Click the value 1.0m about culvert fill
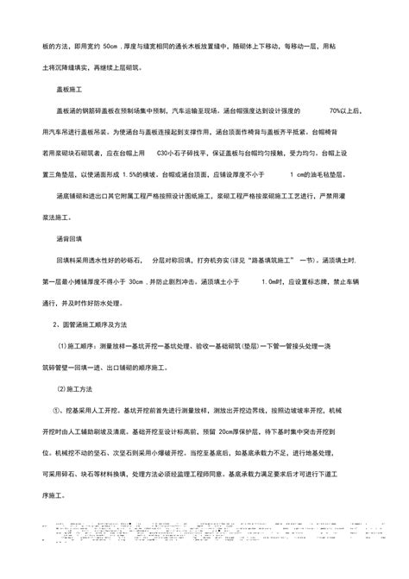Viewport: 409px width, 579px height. point(274,281)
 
